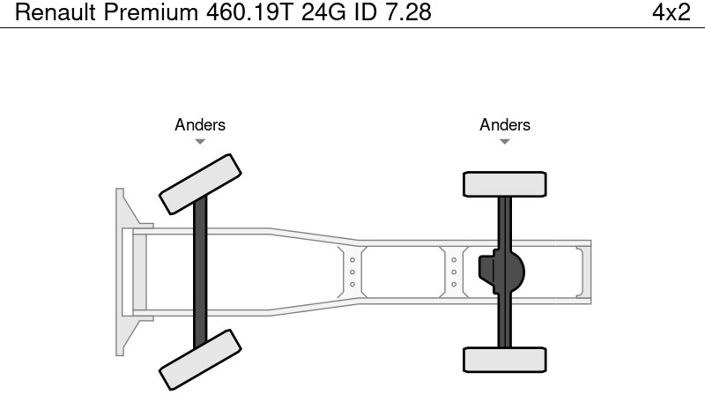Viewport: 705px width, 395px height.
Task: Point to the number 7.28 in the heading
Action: (404, 13)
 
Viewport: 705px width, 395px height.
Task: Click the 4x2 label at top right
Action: (671, 13)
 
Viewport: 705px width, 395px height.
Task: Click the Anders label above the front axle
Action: (200, 125)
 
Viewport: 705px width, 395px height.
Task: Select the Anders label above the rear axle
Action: (505, 125)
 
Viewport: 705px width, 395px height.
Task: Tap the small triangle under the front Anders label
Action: (200, 141)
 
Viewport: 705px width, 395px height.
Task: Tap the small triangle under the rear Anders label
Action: (505, 141)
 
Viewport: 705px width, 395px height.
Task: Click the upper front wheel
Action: (200, 183)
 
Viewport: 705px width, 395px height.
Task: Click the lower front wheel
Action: (200, 359)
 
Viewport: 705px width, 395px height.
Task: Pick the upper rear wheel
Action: (505, 183)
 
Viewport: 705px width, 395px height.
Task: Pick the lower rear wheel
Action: (505, 359)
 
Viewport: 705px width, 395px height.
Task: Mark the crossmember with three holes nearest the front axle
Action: (352, 272)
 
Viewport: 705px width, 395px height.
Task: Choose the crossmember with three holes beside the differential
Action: (454, 272)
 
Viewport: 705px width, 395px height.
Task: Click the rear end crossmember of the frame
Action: (582, 272)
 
